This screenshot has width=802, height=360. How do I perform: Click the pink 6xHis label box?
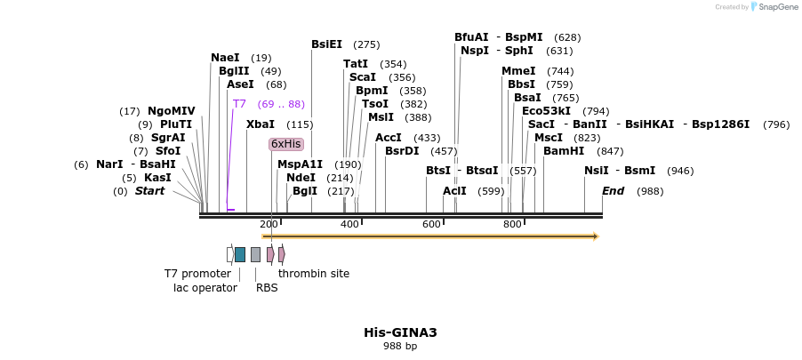286,144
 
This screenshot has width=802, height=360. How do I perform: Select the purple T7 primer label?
239,104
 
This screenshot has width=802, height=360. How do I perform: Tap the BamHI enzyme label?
563,151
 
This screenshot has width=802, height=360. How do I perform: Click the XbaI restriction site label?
260,124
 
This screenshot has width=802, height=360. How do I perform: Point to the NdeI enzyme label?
301,178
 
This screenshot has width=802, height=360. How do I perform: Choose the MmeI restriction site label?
518,71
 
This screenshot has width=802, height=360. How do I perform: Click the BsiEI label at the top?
326,44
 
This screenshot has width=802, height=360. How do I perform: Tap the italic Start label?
149,191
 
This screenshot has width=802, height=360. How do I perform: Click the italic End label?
613,191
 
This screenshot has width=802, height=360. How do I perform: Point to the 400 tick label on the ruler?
349,224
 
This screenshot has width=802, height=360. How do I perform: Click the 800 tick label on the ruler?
512,224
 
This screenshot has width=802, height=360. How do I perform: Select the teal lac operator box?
240,254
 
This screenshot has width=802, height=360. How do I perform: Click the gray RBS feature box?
255,254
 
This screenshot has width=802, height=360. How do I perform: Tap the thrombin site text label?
313,274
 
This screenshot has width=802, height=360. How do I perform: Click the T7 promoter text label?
197,274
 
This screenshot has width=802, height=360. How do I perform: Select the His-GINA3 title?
400,332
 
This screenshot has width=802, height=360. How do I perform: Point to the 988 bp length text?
400,347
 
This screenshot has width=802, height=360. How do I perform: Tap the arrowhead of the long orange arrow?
596,236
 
